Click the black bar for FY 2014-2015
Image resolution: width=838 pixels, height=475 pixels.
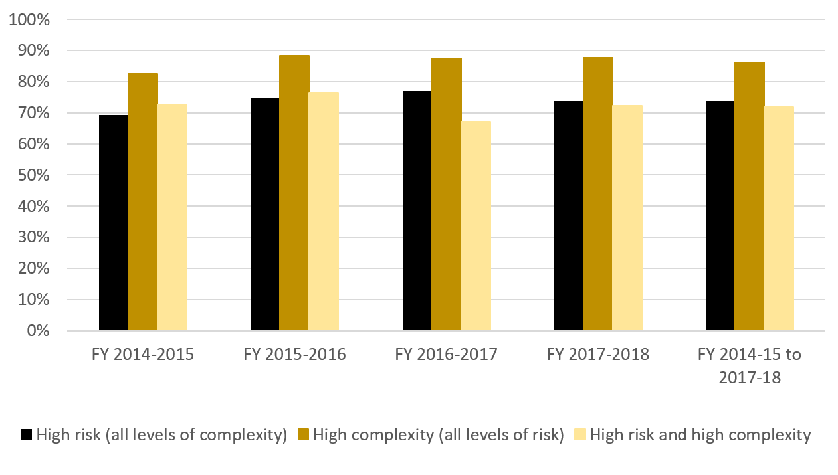coord(113,223)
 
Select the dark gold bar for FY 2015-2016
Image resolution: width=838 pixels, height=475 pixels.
coord(294,193)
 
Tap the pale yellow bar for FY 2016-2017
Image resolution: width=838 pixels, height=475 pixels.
coord(476,226)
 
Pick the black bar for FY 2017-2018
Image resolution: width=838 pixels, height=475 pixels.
coord(568,216)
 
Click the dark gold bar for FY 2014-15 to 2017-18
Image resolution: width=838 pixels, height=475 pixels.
coord(749,196)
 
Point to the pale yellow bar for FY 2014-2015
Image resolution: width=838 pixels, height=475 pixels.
coord(172,217)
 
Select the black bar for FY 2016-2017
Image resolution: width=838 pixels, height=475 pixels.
coord(417,211)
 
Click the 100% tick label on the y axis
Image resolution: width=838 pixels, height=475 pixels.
coord(30,19)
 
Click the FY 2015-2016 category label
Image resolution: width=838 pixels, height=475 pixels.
coord(294,354)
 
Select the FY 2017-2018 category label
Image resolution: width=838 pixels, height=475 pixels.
coord(597,354)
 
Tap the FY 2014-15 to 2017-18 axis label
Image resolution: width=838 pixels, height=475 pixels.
coord(749,366)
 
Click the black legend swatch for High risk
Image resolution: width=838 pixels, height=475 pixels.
coord(27,435)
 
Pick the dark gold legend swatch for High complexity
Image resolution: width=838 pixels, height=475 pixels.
coord(303,435)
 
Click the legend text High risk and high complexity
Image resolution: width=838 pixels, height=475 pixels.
coord(700,435)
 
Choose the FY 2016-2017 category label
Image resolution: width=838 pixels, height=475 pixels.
coord(446,354)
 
